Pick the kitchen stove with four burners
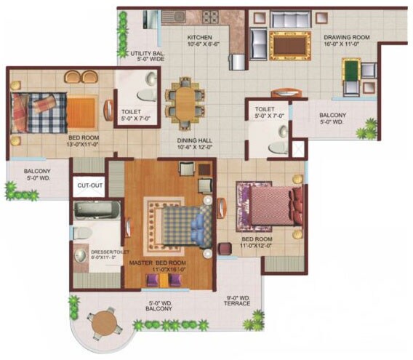click(210, 16)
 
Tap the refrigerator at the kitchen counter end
click(236, 61)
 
